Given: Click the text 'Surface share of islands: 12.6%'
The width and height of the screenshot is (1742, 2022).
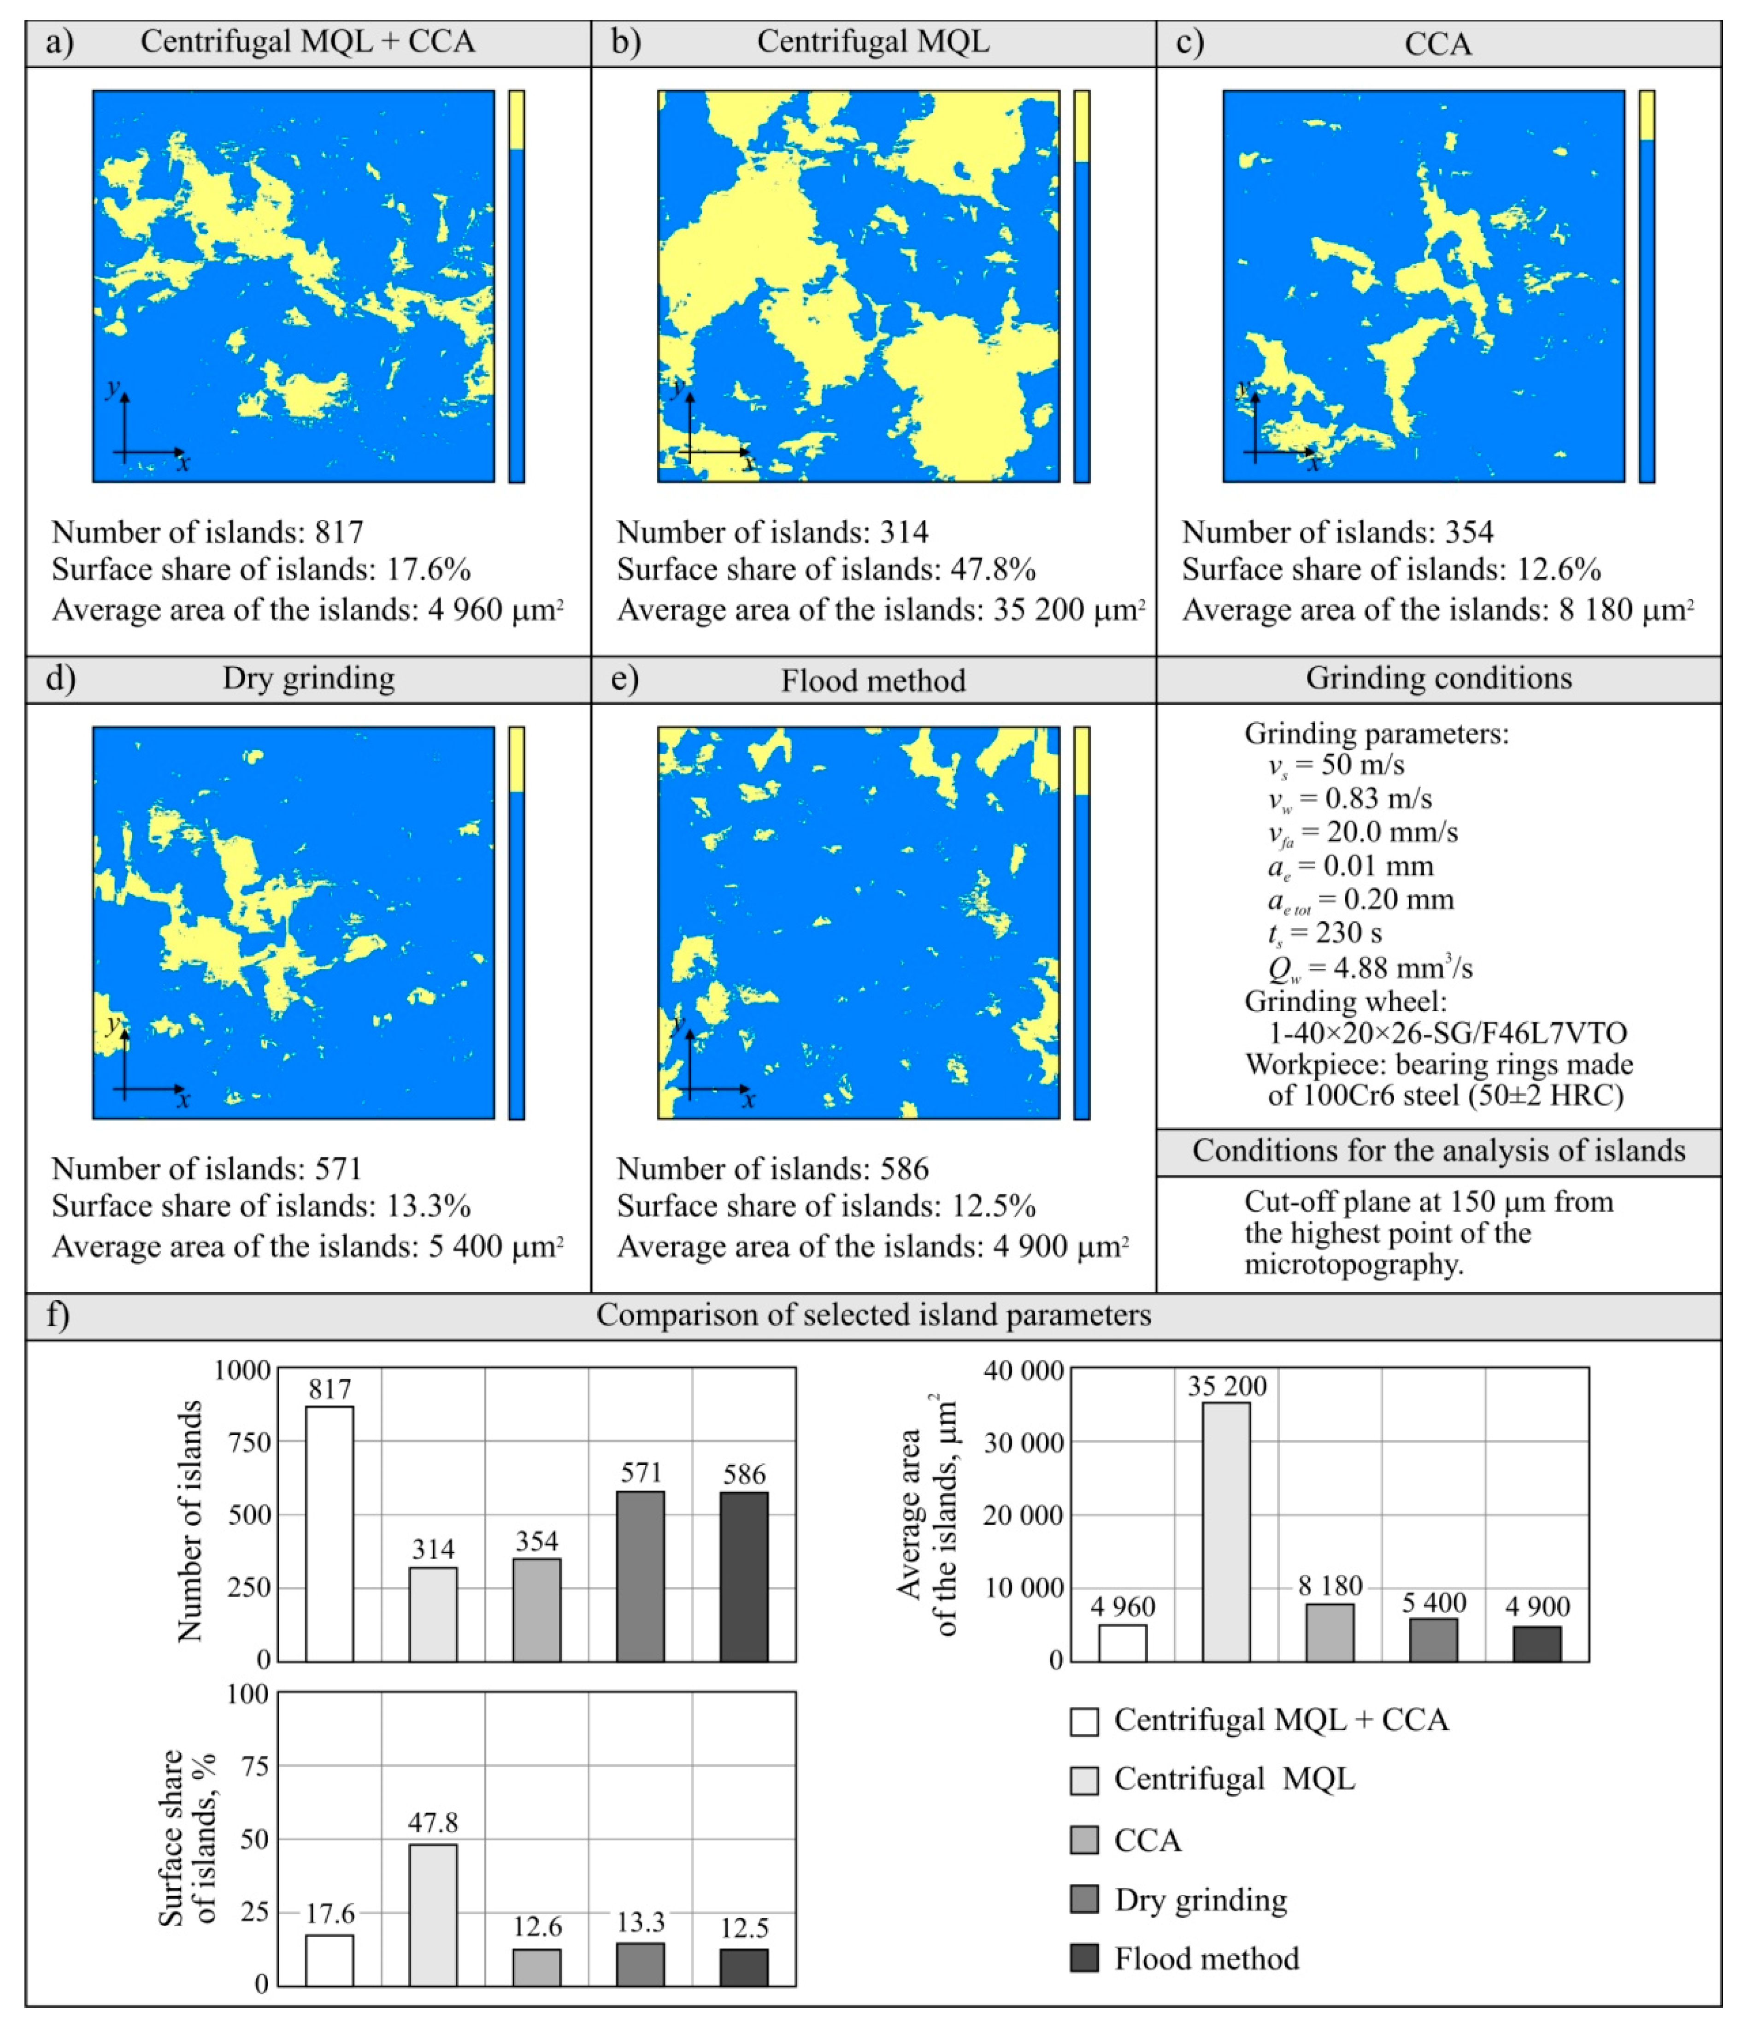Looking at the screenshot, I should coord(1391,569).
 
